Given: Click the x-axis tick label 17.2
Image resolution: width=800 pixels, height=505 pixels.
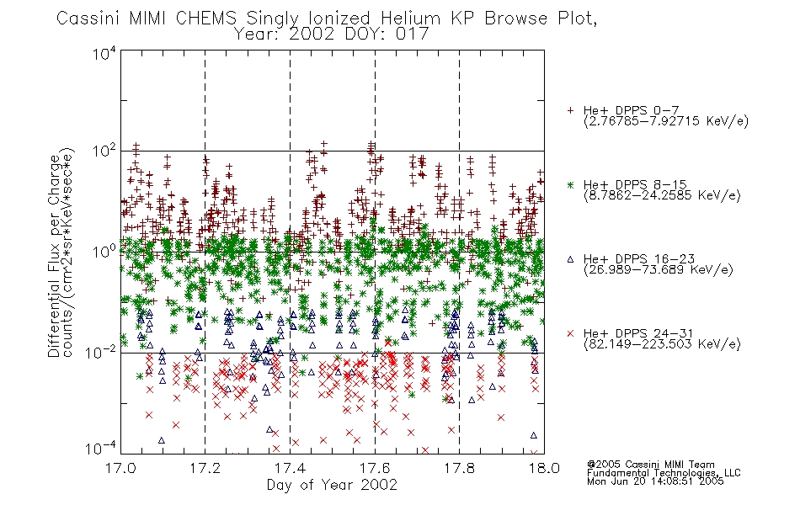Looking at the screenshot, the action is (x=205, y=468).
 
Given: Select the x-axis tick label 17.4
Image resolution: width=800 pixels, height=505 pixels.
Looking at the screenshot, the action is (x=290, y=468).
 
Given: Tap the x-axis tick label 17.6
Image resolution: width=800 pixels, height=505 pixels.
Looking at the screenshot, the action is (x=375, y=468).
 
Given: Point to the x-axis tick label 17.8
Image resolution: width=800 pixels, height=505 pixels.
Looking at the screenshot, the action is (x=459, y=468).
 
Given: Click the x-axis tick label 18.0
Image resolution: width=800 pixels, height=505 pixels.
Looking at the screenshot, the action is (x=544, y=468).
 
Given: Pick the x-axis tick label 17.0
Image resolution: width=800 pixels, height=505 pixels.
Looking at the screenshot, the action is (x=120, y=468).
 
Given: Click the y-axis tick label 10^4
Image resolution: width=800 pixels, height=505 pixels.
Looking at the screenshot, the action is (x=104, y=54).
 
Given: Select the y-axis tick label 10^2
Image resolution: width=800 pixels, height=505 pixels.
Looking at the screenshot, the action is (x=104, y=152).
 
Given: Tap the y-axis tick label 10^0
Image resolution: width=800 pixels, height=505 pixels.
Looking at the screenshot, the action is (x=104, y=252).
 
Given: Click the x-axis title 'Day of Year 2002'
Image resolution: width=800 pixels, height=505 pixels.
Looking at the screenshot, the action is (x=332, y=485).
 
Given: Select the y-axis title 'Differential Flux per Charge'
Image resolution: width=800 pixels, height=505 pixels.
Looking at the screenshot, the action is (x=55, y=255).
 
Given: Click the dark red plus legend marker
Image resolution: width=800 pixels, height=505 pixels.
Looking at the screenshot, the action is (x=570, y=110).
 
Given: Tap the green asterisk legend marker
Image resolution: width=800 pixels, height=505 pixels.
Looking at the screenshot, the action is (x=570, y=184).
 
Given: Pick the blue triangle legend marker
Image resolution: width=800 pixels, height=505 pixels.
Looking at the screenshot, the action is (x=570, y=259).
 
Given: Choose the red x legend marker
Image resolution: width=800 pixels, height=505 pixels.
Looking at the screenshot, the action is (x=570, y=333).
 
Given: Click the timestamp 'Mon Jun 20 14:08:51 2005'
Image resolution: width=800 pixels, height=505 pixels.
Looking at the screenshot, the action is (x=655, y=481).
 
